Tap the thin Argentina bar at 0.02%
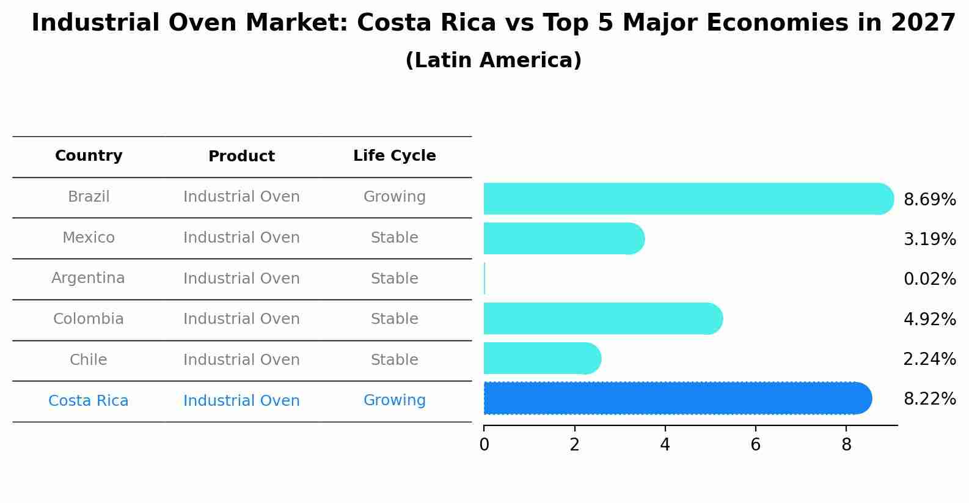[484, 279]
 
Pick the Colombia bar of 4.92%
[602, 318]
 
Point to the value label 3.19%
[929, 239]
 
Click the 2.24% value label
[929, 359]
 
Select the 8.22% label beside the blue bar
[929, 399]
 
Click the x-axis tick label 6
[755, 445]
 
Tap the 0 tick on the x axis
[484, 445]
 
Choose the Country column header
[89, 156]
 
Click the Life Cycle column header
[394, 156]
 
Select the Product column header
[241, 156]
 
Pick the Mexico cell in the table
[89, 238]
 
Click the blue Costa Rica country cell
[89, 401]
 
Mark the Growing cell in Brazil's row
[394, 197]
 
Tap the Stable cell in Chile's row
[394, 360]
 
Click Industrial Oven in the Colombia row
[241, 319]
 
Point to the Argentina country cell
[89, 278]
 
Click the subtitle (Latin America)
[493, 61]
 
